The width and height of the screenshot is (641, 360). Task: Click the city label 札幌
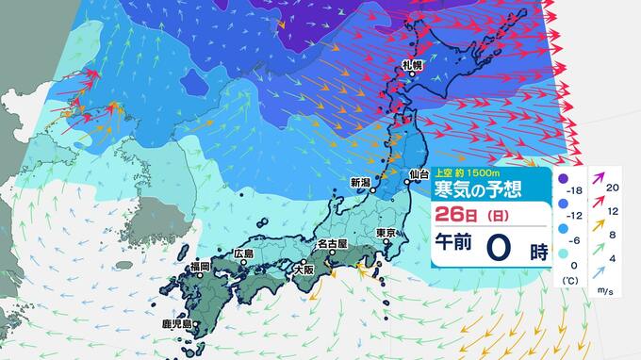pos(411,65)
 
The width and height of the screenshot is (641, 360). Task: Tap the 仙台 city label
pos(419,174)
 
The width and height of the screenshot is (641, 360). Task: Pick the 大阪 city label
pos(304,269)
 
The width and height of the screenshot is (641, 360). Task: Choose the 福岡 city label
pos(198,267)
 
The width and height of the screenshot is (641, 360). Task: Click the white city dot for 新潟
pos(373,191)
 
